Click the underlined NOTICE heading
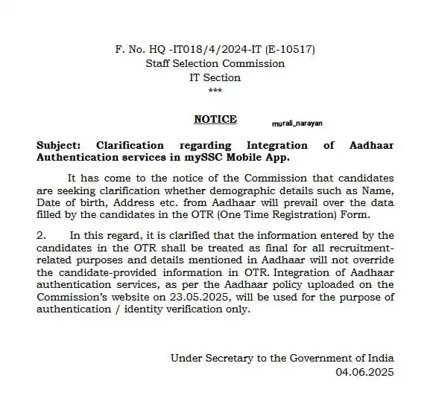pos(215,119)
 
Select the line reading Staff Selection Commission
pos(215,64)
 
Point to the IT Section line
pos(215,77)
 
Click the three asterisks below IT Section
pos(215,90)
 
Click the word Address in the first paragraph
pos(133,204)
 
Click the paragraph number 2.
pos(40,236)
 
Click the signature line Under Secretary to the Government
pos(282,358)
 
